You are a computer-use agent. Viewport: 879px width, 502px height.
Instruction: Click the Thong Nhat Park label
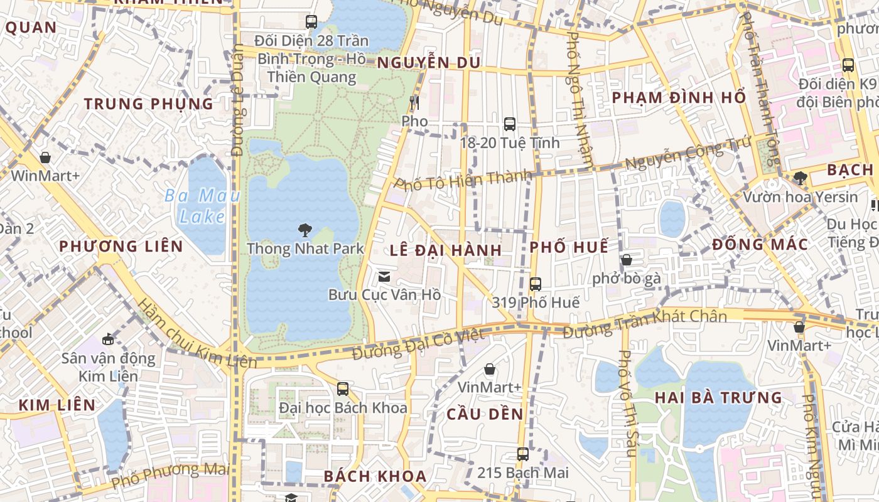(305, 248)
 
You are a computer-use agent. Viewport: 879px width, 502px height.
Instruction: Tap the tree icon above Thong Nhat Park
(305, 230)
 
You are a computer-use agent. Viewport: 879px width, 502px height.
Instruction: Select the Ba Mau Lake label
(202, 206)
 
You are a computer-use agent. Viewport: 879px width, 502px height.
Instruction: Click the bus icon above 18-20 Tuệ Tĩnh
(509, 124)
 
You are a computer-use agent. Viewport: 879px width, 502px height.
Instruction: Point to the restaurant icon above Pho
(414, 103)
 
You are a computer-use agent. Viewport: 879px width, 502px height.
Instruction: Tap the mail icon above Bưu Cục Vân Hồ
(384, 276)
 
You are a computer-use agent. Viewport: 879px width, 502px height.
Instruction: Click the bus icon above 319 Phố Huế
(535, 284)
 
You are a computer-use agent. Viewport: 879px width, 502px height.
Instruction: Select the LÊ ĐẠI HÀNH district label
(446, 250)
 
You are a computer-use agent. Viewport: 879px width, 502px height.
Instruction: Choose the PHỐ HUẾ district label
(569, 247)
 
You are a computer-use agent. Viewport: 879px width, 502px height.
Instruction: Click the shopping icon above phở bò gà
(626, 260)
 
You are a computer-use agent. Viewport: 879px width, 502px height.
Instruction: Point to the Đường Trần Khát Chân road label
(644, 323)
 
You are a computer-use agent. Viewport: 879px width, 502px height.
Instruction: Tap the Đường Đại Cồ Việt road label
(418, 344)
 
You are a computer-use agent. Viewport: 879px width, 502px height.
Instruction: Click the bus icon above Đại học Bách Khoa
(342, 389)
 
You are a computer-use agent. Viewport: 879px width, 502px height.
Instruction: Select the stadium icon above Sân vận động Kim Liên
(108, 339)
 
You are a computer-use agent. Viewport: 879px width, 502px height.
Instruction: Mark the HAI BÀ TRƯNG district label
(718, 398)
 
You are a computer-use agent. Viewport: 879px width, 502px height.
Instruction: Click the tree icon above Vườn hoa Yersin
(800, 178)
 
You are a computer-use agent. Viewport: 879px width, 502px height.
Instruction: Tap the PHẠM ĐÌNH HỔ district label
(679, 98)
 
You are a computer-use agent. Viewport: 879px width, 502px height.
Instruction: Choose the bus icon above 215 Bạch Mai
(522, 454)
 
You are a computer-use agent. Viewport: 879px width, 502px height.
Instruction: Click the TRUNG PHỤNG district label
(149, 104)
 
